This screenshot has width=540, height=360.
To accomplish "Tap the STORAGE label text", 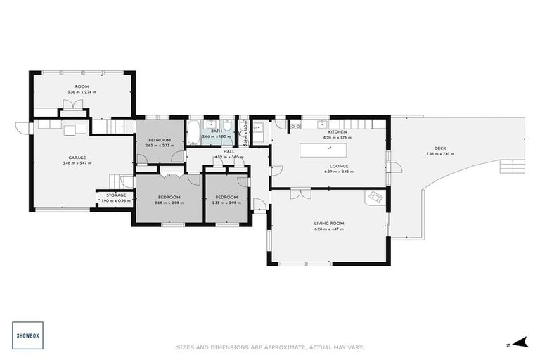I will point(116,195).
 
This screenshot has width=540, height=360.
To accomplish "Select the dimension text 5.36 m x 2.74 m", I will point(82,92).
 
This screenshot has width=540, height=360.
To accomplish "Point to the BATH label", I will point(216,130).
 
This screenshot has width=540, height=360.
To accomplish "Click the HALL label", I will point(229,151).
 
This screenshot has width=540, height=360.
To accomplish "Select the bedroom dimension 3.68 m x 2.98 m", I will point(169,202).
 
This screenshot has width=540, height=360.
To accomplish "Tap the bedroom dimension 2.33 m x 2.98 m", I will point(226,202).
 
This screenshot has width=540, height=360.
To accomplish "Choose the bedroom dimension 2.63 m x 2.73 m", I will point(160,146).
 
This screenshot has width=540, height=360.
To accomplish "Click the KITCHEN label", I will point(337,132).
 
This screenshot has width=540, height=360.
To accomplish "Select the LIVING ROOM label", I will point(328,224).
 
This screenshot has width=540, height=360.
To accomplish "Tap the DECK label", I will point(440,148).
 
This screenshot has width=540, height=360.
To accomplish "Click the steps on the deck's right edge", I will point(506,167).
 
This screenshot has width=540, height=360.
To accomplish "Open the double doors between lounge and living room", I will point(298,191).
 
